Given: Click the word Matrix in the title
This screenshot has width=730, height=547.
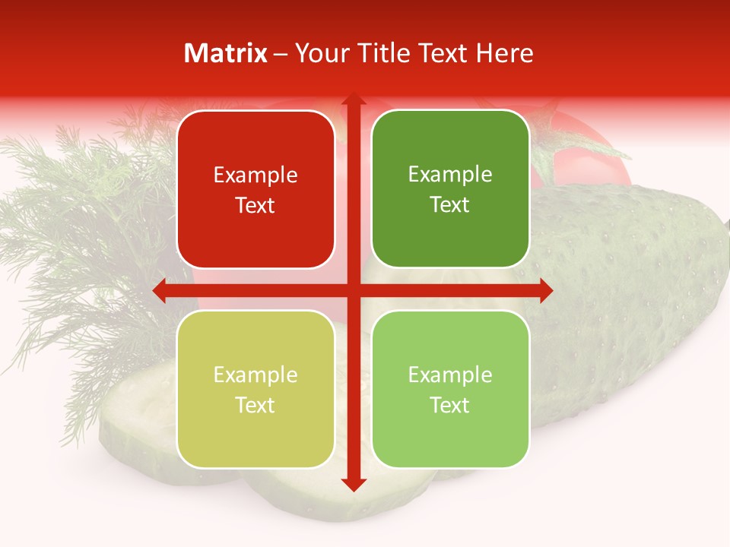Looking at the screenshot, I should point(226,53).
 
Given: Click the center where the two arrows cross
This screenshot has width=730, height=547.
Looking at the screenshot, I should point(353,291).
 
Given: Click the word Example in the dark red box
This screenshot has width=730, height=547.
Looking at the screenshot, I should point(255,175).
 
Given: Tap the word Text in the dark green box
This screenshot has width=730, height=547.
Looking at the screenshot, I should point(450,205).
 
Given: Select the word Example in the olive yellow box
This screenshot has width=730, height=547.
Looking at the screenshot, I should point(255,375).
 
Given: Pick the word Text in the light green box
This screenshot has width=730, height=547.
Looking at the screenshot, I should point(450,405).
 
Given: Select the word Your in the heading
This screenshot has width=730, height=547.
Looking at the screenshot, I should point(320,53).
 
